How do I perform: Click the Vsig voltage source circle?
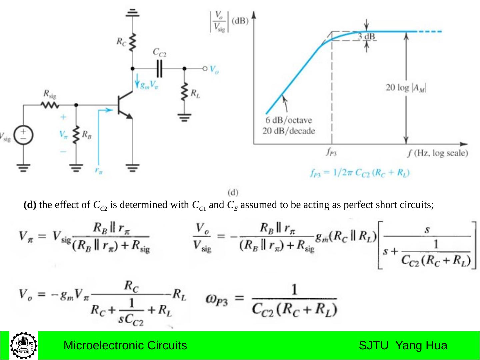tap(23, 136)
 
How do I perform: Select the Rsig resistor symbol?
tap(50, 105)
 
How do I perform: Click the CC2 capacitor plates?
tap(160, 69)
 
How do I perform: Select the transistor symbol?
tap(125, 105)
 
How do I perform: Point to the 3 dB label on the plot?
tap(366, 36)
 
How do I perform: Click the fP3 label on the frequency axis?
tap(331, 152)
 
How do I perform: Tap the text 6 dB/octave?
tap(289, 120)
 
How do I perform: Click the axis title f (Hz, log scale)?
tap(438, 153)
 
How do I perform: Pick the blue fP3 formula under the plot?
tap(360, 173)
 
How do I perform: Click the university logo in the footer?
tap(24, 345)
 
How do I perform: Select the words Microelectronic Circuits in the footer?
tap(125, 345)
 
